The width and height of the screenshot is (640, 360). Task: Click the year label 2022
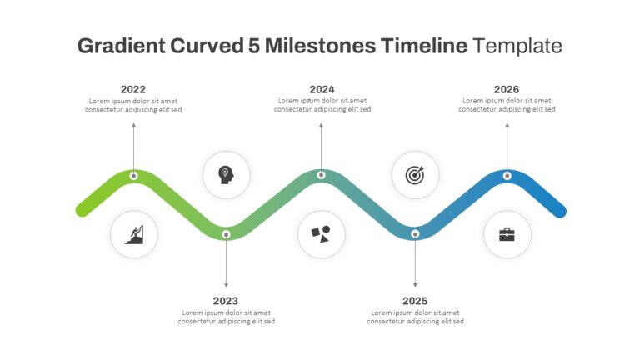(133, 89)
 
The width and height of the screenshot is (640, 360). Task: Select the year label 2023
(225, 301)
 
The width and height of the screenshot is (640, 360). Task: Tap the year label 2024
(322, 89)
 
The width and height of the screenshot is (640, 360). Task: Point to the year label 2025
(415, 301)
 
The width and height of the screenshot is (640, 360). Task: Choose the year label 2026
(507, 89)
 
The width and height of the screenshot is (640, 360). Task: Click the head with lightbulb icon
(226, 175)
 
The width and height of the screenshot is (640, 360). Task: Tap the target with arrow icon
(415, 175)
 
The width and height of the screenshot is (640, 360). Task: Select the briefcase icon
(507, 235)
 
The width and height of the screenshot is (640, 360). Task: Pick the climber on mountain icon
(134, 234)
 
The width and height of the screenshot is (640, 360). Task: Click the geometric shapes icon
(321, 234)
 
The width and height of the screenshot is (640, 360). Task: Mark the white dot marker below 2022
(133, 176)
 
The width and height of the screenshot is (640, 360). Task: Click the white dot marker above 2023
(226, 234)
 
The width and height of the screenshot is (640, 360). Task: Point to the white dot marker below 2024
(321, 175)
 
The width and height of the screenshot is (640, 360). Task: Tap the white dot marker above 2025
(415, 234)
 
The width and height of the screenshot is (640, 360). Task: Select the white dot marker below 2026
(507, 176)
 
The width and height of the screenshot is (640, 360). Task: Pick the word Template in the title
(517, 46)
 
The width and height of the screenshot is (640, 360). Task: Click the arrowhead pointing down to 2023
(226, 285)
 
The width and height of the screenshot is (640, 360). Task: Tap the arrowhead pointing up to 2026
(507, 126)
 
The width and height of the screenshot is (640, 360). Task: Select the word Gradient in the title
(121, 46)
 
